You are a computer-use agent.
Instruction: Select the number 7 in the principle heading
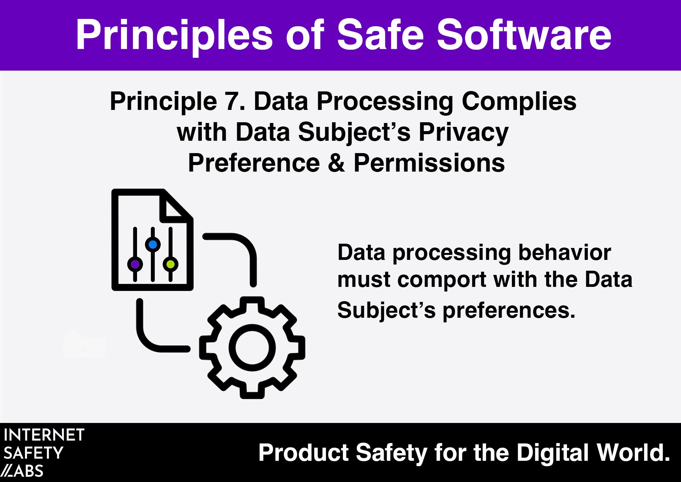point(230,101)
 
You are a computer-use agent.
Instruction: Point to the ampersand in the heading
point(337,163)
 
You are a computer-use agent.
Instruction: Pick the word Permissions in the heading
point(429,163)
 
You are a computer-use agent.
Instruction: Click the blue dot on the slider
point(153,244)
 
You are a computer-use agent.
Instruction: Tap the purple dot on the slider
point(135,264)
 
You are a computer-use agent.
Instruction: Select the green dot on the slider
point(171,264)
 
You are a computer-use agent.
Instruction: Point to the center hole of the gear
point(252,347)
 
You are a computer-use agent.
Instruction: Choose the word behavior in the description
point(565,253)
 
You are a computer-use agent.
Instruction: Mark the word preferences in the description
point(509,310)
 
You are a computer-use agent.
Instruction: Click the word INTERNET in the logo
point(44,435)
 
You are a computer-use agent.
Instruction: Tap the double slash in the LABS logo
point(7,471)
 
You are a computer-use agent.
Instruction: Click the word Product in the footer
point(304,453)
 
